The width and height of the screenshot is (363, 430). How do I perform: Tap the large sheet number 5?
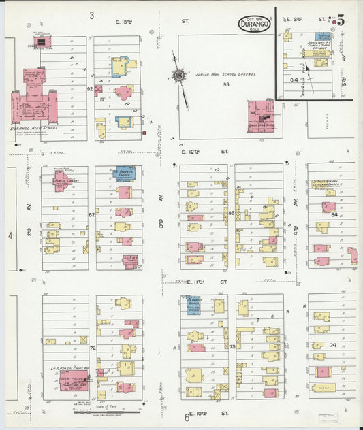(x=339, y=20)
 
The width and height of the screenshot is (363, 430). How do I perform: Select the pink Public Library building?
(x=62, y=180)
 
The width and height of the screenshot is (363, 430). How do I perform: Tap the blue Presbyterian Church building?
(x=123, y=172)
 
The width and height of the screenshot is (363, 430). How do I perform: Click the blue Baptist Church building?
(x=193, y=305)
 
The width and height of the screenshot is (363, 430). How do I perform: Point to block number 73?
(x=232, y=346)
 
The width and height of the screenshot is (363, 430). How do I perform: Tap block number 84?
(x=334, y=215)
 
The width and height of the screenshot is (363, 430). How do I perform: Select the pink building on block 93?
(x=261, y=114)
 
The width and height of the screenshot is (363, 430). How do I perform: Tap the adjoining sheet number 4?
(x=10, y=236)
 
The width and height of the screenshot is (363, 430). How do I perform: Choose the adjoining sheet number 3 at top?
(x=91, y=14)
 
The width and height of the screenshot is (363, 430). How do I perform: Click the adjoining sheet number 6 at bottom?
(x=186, y=417)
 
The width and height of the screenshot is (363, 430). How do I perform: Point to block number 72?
(x=92, y=348)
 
